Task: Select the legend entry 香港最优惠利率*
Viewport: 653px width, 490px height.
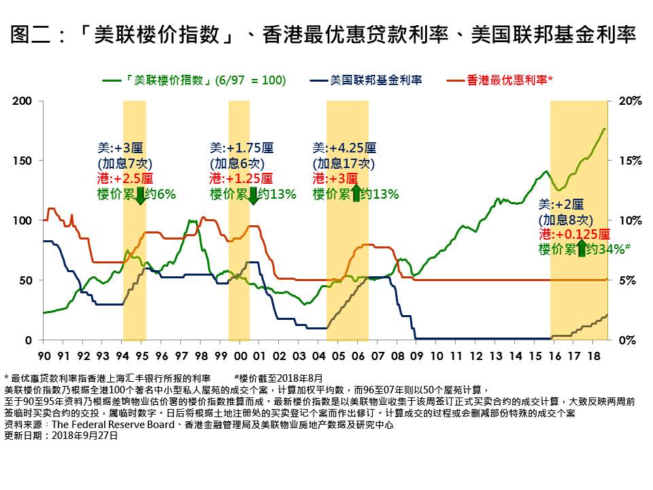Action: pos(509,80)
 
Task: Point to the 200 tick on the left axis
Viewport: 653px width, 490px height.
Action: pos(22,101)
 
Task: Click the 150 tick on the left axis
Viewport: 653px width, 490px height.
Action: pos(22,161)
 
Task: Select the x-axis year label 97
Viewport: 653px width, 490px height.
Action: pos(181,355)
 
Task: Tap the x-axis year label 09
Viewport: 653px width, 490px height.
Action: pos(417,355)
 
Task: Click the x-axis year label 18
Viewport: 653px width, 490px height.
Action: pos(594,355)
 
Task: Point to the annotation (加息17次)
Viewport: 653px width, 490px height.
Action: pos(344,163)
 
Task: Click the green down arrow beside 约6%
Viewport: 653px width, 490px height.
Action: pos(140,195)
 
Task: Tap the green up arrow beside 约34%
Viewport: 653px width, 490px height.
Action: pos(582,249)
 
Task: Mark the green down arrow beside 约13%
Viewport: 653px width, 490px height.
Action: pos(252,195)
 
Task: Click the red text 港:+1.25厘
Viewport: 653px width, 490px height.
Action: pos(241,179)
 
